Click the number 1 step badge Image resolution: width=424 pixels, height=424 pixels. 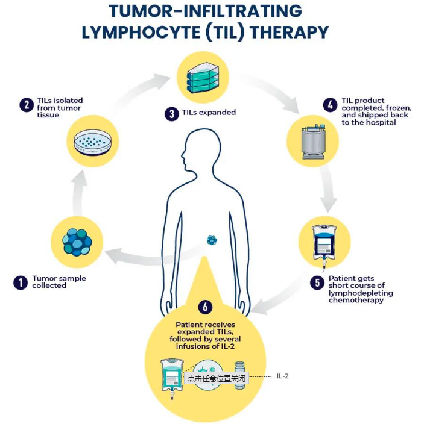point(21,282)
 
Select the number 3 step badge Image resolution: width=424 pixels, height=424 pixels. point(171,113)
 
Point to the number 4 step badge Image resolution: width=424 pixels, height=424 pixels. point(329,105)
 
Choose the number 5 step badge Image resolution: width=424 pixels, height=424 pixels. point(317,282)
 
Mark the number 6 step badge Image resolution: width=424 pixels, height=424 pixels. point(205,307)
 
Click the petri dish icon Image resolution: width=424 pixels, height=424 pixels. point(92,142)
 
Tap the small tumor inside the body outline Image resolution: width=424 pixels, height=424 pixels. point(212,240)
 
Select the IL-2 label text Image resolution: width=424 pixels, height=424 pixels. point(282,376)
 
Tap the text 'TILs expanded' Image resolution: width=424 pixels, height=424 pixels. point(207,113)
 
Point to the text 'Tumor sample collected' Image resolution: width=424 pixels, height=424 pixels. point(59,282)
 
